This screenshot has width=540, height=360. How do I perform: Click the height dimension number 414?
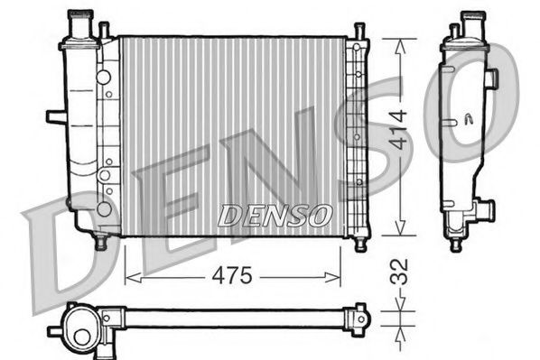coord(398,130)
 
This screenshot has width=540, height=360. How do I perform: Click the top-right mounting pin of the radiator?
coord(358,32)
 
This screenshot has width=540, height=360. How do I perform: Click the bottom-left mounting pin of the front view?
coord(101,242)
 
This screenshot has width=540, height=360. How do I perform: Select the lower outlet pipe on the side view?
coord(486,211)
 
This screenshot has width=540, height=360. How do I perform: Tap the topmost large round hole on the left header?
coord(105,76)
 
